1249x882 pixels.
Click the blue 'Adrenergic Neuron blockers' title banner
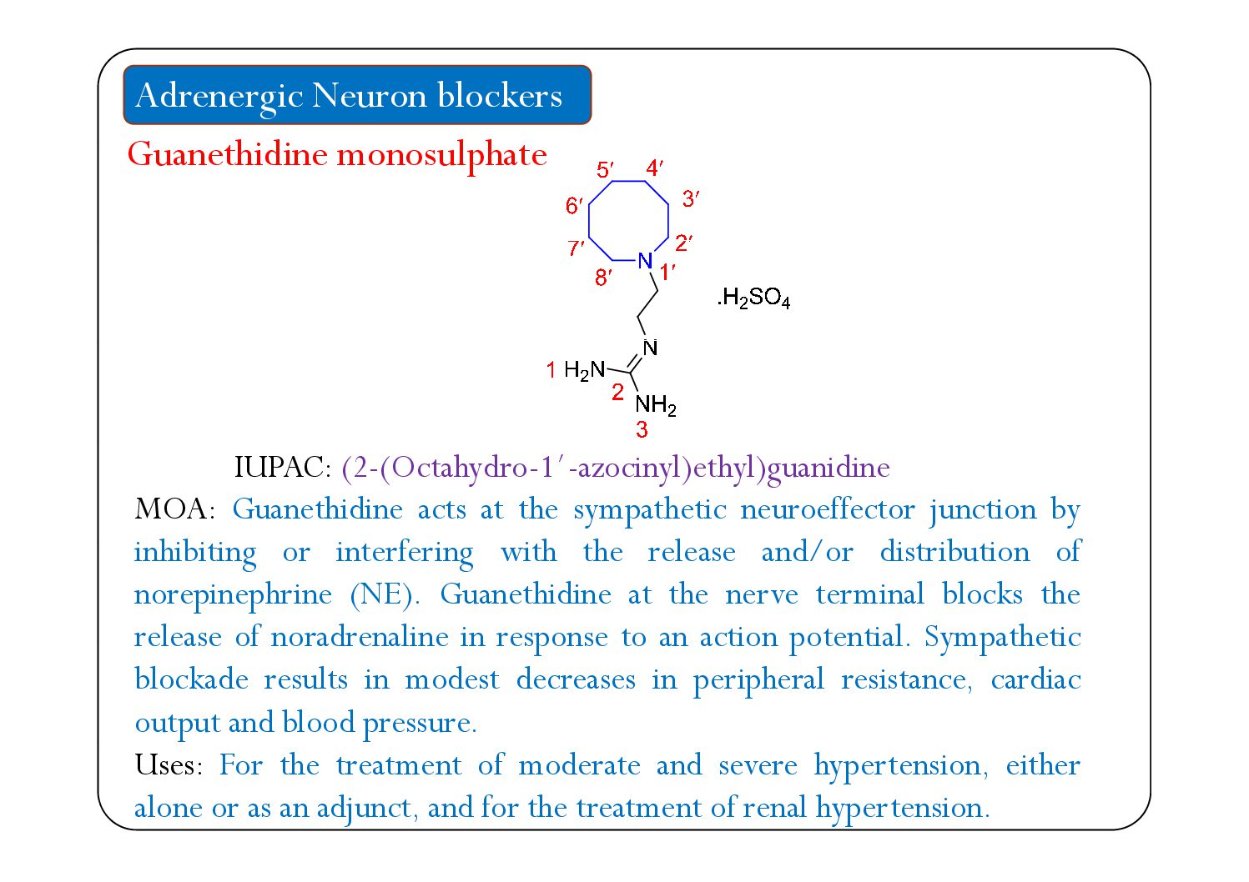pyautogui.click(x=357, y=95)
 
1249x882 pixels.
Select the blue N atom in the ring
pyautogui.click(x=644, y=261)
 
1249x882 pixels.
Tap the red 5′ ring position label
pyautogui.click(x=605, y=171)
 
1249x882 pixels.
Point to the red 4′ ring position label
pyautogui.click(x=654, y=168)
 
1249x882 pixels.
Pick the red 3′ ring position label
pyautogui.click(x=690, y=199)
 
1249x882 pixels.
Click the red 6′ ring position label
pyautogui.click(x=574, y=206)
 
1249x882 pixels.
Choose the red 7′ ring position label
pyautogui.click(x=576, y=248)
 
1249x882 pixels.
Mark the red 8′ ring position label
pyautogui.click(x=603, y=278)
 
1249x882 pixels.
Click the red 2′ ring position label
pyautogui.click(x=683, y=243)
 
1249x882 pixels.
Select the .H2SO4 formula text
pyautogui.click(x=753, y=298)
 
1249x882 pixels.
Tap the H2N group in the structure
pyautogui.click(x=584, y=370)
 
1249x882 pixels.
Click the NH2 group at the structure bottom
pyautogui.click(x=656, y=406)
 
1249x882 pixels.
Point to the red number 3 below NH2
pyautogui.click(x=642, y=430)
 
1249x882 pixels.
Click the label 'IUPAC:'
pyautogui.click(x=283, y=468)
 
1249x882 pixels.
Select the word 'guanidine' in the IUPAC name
pyautogui.click(x=828, y=468)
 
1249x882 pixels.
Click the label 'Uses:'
pyautogui.click(x=169, y=765)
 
